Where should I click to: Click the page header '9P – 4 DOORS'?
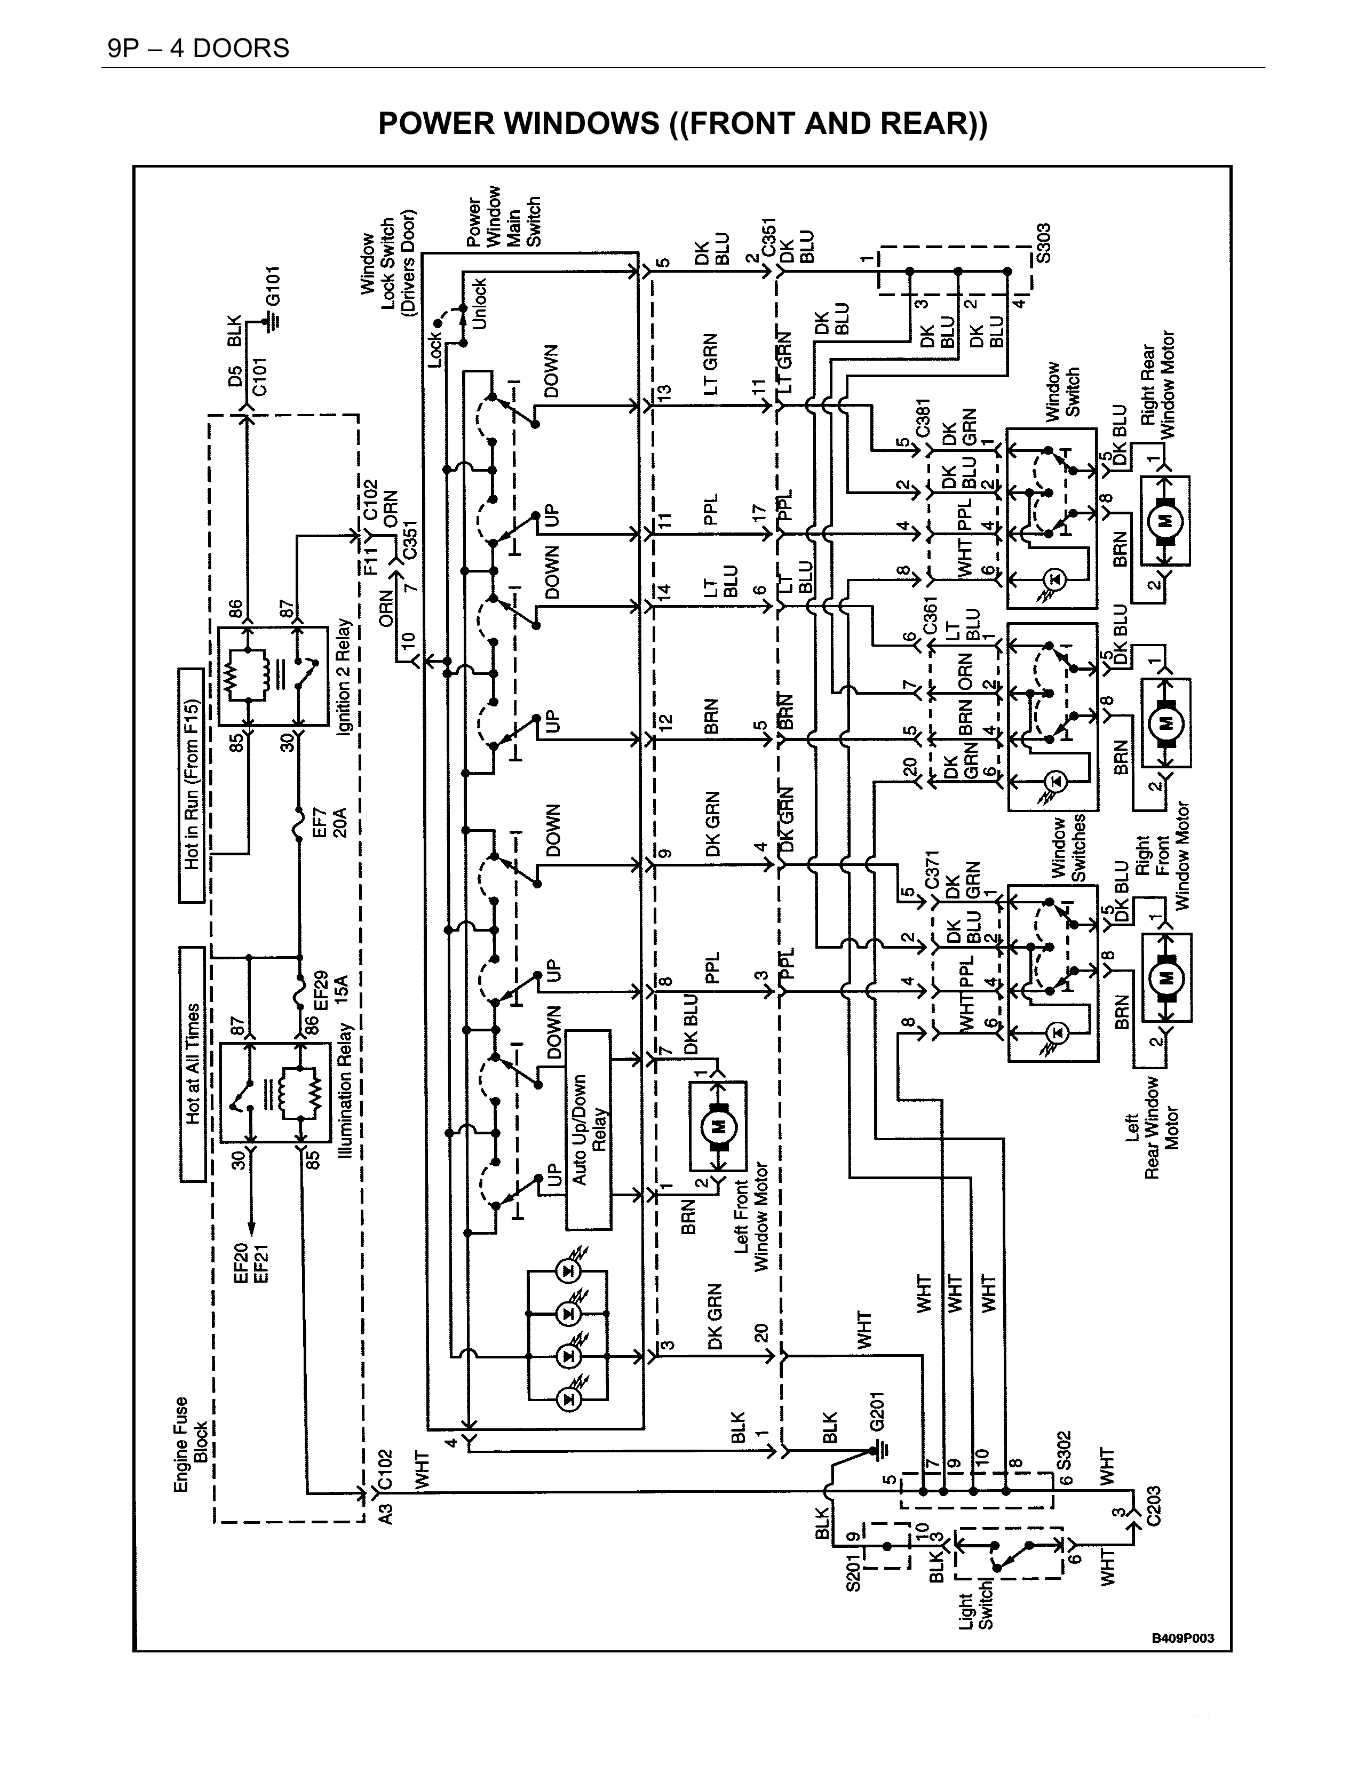(x=198, y=49)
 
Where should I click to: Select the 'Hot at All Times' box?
(x=192, y=1063)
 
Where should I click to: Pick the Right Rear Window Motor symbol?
(x=1164, y=520)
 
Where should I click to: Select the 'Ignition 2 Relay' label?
(x=345, y=677)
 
